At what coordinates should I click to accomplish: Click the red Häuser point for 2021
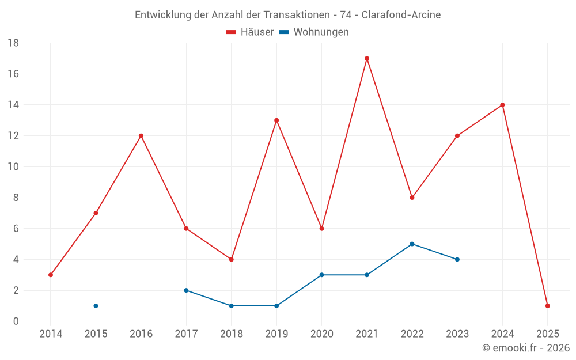pos(367,58)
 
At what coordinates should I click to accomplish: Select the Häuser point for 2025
pos(548,306)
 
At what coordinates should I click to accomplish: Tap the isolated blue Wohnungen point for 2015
pos(96,306)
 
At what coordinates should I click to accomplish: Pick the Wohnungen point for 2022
pos(412,244)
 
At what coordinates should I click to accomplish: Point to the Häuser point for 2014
pos(51,275)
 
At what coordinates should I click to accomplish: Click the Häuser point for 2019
pos(276,120)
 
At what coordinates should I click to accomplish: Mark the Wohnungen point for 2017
pos(186,290)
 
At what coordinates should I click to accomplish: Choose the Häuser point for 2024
pos(502,105)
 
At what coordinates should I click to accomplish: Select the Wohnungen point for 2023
pos(457,259)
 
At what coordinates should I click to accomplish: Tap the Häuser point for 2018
pos(231,259)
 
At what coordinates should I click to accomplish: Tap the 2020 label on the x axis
pos(321,334)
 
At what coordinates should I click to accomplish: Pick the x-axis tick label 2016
pos(141,334)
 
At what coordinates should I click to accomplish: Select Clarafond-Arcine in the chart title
pos(401,15)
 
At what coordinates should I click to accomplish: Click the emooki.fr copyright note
pos(526,347)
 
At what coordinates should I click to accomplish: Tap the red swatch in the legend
pos(232,32)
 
